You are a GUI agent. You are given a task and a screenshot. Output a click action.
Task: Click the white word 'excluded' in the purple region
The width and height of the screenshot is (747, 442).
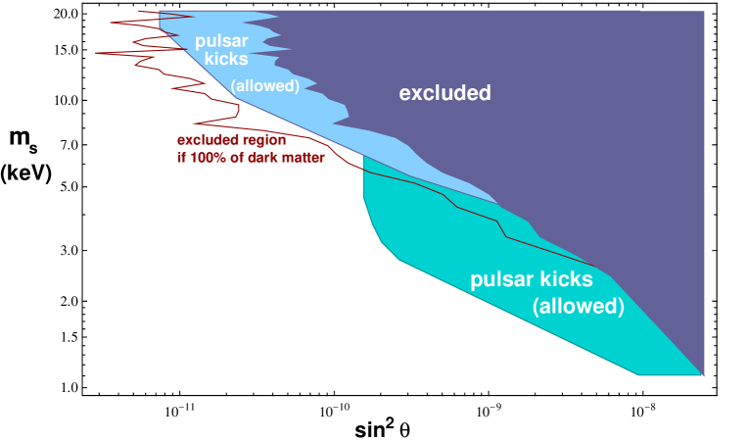click(x=444, y=94)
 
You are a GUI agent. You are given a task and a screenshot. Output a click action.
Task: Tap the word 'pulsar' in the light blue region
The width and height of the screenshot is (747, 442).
click(x=220, y=41)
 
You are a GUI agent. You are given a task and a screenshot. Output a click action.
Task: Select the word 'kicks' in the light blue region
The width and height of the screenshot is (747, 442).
click(x=226, y=60)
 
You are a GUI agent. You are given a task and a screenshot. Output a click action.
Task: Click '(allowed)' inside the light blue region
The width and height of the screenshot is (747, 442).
click(x=264, y=86)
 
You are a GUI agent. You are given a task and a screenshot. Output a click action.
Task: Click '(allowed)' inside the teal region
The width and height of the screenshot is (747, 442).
click(x=578, y=307)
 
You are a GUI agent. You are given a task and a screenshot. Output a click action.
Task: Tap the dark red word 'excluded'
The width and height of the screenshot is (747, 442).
click(x=210, y=140)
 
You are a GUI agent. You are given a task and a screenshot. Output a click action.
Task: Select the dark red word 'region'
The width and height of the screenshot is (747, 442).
click(x=264, y=140)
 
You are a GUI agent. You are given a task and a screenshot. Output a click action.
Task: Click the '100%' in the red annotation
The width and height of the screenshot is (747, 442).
click(x=208, y=157)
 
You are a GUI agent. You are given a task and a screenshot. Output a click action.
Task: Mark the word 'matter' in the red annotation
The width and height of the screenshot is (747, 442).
click(x=303, y=157)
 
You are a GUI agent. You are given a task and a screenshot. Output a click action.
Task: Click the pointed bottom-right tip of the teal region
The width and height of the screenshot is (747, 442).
click(x=703, y=375)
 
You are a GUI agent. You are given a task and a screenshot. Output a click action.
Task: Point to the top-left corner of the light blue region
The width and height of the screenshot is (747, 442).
click(x=160, y=12)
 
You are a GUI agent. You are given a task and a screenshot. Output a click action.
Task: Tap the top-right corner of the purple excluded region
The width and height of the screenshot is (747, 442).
click(x=703, y=12)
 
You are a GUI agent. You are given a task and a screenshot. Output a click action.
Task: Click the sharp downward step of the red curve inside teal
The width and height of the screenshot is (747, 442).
click(x=501, y=228)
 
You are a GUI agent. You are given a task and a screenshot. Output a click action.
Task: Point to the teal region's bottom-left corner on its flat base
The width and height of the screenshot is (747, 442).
click(x=639, y=374)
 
